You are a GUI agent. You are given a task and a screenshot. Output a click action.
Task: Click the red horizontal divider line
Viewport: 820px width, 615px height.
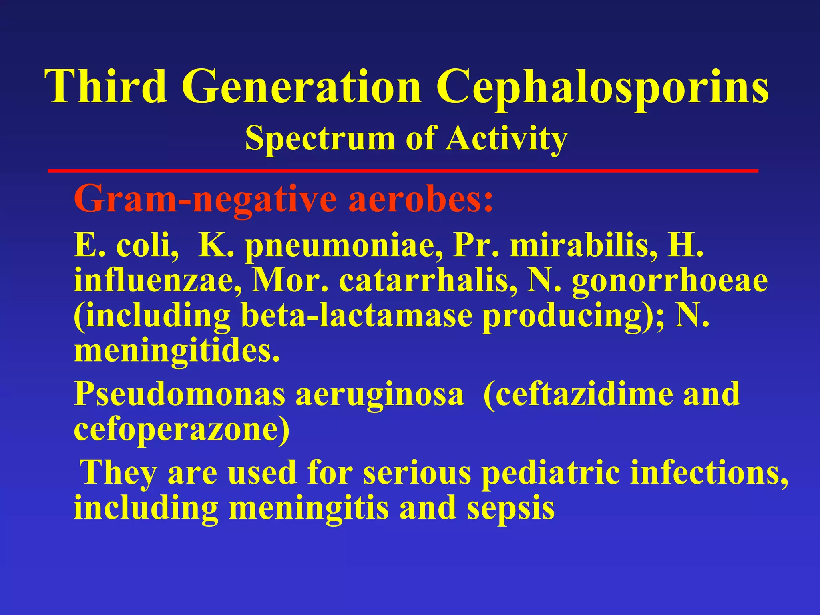pos(402,171)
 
